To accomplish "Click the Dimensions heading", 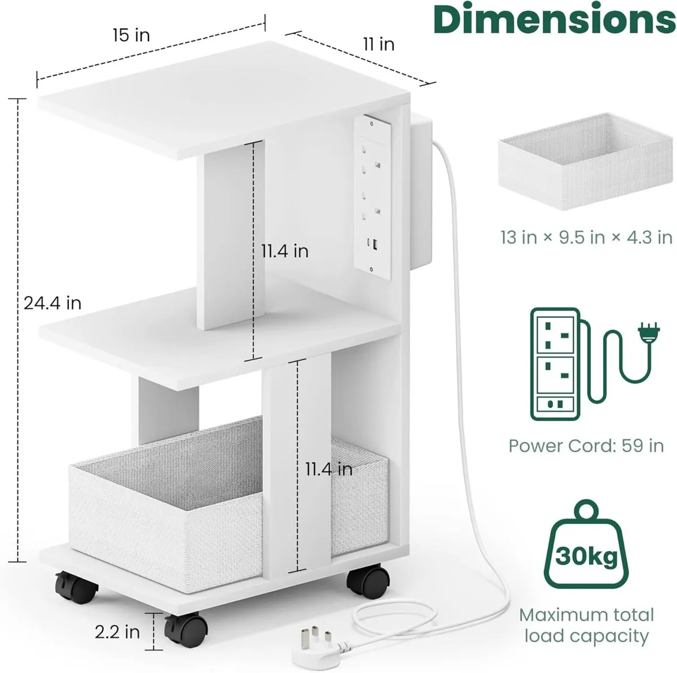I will click(x=555, y=20).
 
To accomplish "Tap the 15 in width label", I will click(x=131, y=35).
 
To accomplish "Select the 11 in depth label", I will click(x=379, y=44).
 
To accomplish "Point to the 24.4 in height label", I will click(x=52, y=303).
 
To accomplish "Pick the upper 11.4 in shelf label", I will click(x=284, y=250).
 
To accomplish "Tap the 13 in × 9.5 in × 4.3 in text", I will click(x=586, y=237).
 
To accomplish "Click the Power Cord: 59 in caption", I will click(x=586, y=446).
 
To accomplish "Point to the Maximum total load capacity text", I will click(x=586, y=625).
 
